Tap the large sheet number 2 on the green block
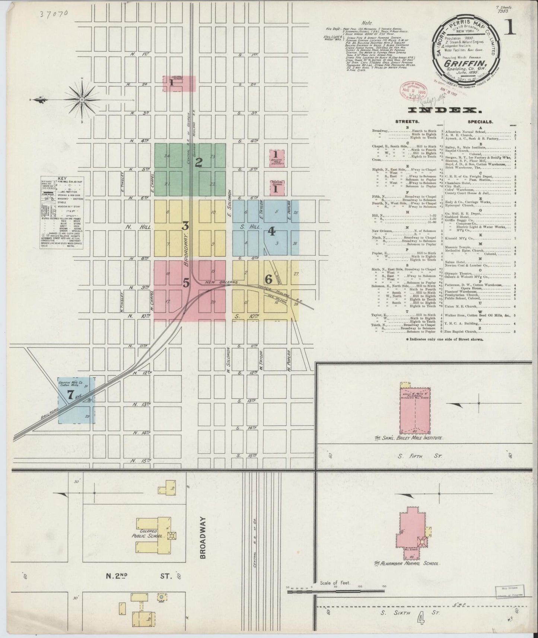point(199,162)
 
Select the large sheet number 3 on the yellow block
point(185,226)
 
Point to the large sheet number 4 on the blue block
point(271,232)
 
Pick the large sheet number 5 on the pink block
point(186,283)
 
